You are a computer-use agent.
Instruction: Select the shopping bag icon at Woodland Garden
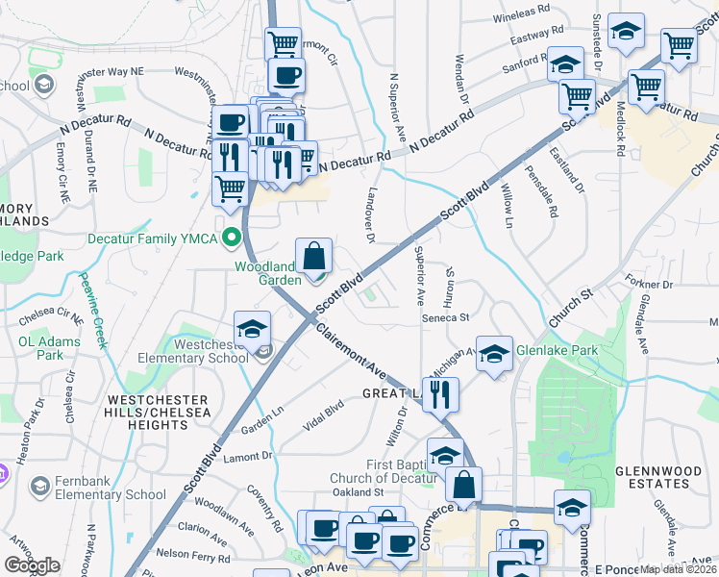313,258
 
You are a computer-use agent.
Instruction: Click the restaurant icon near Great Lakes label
441,394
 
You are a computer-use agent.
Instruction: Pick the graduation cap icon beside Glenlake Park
494,355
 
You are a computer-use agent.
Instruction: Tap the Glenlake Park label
557,350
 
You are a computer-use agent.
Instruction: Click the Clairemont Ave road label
352,351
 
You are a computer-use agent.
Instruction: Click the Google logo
32,565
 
